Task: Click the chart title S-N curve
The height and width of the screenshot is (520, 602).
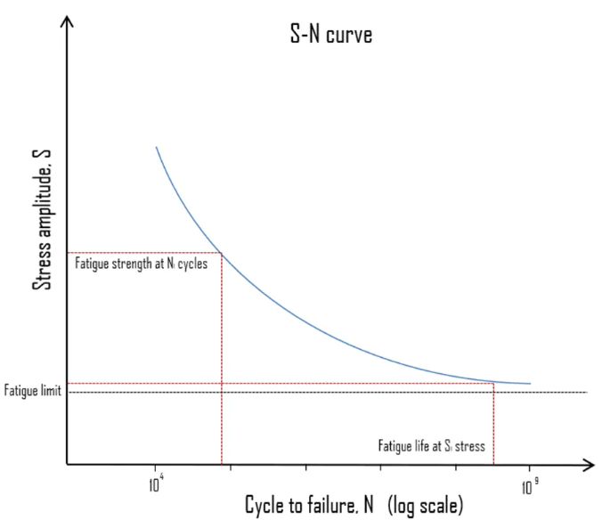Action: click(x=331, y=34)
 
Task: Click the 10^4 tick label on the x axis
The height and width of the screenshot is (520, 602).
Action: click(x=156, y=483)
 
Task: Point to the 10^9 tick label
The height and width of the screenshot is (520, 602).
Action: click(x=530, y=487)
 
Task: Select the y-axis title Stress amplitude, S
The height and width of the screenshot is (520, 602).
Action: click(x=42, y=220)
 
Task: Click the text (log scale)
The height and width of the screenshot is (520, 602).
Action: click(x=426, y=505)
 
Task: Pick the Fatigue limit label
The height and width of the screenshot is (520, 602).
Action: click(x=33, y=391)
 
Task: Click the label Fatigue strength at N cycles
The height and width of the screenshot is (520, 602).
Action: click(x=142, y=264)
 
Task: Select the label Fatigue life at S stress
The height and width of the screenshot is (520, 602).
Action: click(x=432, y=446)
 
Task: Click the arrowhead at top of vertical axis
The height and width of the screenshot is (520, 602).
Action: click(x=67, y=21)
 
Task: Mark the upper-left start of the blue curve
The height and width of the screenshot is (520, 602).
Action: click(x=156, y=147)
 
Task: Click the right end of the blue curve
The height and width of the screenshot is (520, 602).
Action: click(x=531, y=384)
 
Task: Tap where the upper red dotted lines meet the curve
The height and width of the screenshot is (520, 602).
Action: click(x=222, y=253)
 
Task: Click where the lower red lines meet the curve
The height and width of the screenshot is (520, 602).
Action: click(x=493, y=383)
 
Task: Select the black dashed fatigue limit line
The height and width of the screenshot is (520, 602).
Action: click(x=328, y=392)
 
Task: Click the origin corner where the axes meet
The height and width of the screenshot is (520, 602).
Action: click(x=67, y=465)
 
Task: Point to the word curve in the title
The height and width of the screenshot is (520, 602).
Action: click(x=349, y=36)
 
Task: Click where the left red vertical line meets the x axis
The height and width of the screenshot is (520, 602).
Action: click(x=222, y=465)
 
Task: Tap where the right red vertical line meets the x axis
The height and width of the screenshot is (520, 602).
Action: click(x=493, y=465)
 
